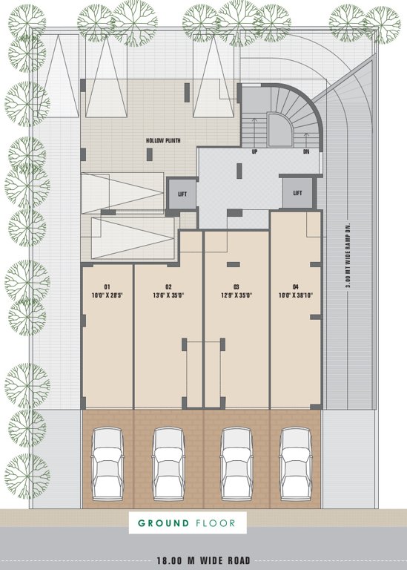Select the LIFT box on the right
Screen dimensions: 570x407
pos(298,193)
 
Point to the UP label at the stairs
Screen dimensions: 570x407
pos(254,151)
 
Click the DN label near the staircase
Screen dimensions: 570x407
pos(306,151)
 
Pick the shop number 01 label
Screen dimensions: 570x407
pos(107,286)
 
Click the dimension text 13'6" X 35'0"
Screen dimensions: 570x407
pos(168,295)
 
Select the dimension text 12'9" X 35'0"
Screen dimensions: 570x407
pos(236,295)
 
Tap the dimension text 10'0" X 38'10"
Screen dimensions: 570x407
pos(296,295)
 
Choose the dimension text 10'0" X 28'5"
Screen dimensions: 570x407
pos(107,295)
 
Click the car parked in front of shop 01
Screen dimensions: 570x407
pos(107,465)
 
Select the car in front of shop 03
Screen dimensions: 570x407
pos(236,465)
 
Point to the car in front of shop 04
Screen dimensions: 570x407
pos(295,465)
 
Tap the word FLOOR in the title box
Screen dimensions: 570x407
pos(218,523)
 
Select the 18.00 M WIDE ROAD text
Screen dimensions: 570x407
pos(202,561)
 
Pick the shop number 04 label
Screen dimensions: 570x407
pos(296,286)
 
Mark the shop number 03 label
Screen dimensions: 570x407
pos(236,286)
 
